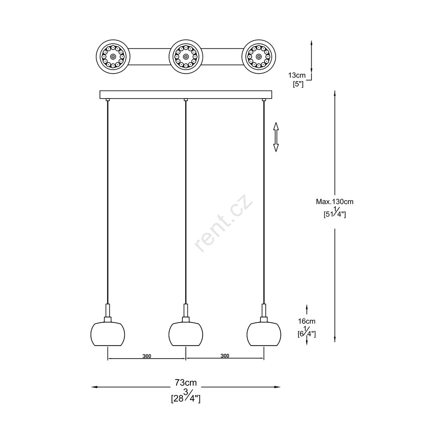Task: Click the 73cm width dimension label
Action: (x=186, y=383)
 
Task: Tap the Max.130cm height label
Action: (x=334, y=202)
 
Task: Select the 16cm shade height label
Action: (x=307, y=322)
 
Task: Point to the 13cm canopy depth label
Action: (x=297, y=75)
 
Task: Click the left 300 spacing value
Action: (x=147, y=356)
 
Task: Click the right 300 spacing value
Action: (x=225, y=356)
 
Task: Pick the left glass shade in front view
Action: (x=108, y=334)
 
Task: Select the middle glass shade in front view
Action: (x=186, y=334)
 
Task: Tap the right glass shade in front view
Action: (x=264, y=334)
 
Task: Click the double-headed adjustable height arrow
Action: (x=276, y=137)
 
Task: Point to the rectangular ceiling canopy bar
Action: (x=186, y=95)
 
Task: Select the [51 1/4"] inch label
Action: (x=335, y=212)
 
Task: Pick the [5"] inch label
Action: (x=298, y=84)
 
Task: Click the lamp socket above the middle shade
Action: (x=186, y=313)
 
